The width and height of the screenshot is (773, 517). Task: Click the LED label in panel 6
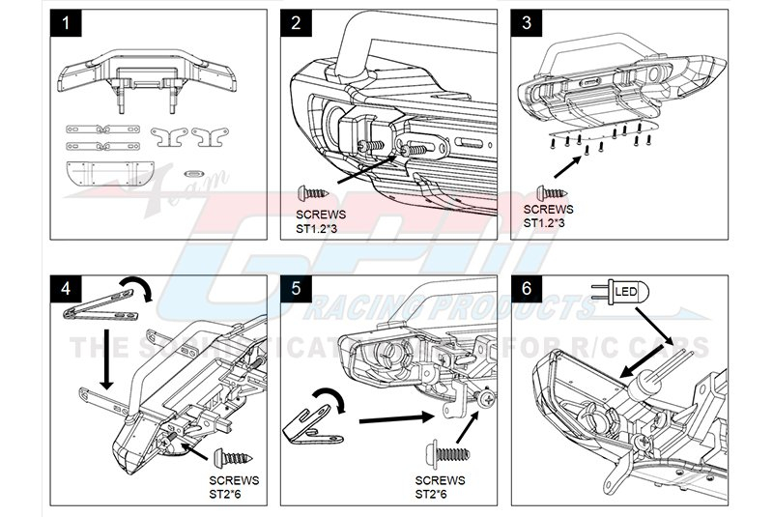coord(627,288)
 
